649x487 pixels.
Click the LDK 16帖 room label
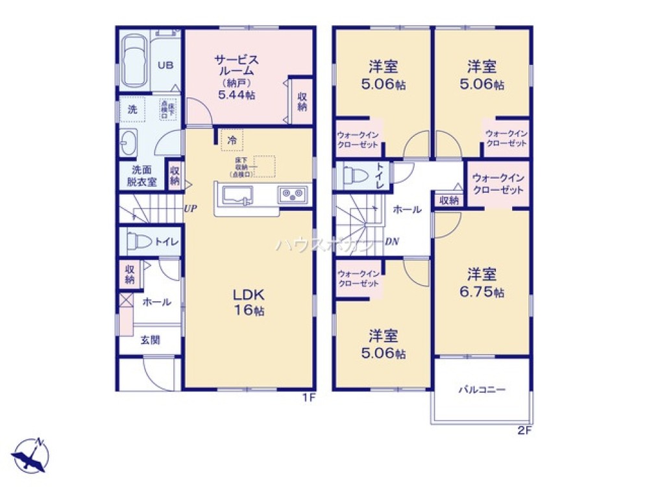point(249,302)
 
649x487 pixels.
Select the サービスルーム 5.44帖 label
point(237,77)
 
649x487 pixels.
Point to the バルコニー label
point(482,390)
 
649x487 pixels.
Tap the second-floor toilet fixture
point(354,176)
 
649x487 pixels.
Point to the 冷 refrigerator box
point(232,139)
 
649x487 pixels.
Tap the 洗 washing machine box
point(132,110)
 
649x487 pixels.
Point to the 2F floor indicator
point(524,430)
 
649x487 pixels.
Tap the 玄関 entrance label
point(150,340)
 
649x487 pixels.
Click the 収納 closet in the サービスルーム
point(302,101)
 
